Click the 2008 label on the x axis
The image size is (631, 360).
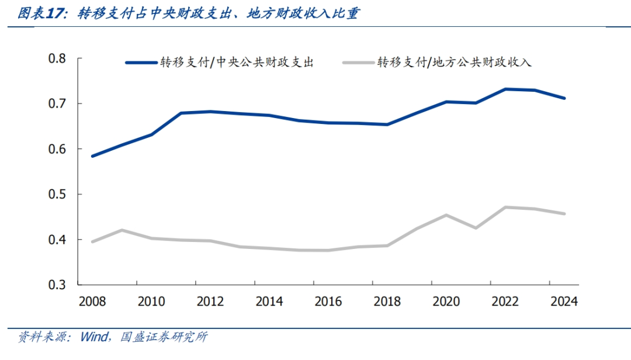(x=92, y=302)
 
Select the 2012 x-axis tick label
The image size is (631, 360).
(x=210, y=302)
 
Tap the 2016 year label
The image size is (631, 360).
(x=328, y=302)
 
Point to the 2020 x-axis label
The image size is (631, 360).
(x=446, y=302)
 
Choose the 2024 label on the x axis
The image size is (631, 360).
(x=564, y=302)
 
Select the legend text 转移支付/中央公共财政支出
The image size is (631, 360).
(x=238, y=63)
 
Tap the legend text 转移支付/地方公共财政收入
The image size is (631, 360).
(x=454, y=63)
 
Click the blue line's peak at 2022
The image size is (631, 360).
(x=505, y=89)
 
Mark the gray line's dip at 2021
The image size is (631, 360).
(x=476, y=228)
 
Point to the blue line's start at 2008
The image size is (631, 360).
(x=92, y=156)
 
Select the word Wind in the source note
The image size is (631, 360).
(x=93, y=337)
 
